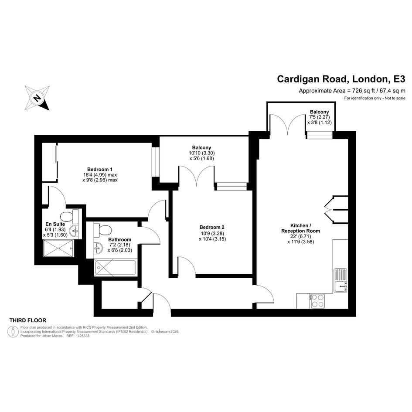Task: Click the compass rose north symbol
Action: [37, 98]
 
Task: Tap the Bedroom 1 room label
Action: [100, 169]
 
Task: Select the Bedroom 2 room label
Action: [212, 227]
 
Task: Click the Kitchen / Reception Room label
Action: [300, 228]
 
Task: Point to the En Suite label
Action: [55, 224]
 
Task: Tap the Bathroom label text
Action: [119, 239]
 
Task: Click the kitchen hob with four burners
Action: [317, 301]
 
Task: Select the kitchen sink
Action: [340, 280]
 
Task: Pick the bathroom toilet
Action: [103, 229]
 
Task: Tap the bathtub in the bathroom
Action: [116, 268]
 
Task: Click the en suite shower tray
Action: [58, 249]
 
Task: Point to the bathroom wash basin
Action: [98, 247]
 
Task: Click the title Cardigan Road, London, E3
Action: [341, 79]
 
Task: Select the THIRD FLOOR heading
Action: [28, 320]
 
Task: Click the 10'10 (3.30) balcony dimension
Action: [201, 153]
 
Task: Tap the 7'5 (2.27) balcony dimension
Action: [320, 117]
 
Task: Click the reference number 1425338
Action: [82, 336]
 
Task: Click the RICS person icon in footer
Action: [13, 332]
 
